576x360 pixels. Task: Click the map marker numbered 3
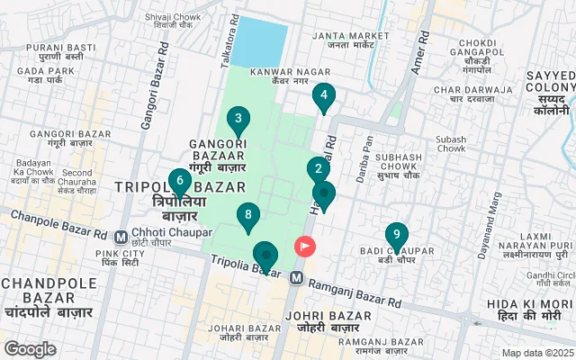tap(238, 119)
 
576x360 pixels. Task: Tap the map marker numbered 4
tap(324, 95)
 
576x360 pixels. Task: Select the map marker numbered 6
tap(180, 181)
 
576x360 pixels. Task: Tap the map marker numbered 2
tap(317, 169)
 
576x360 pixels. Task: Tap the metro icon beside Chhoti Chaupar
tap(121, 238)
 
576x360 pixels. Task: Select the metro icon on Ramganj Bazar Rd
tap(295, 280)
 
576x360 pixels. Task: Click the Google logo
tap(30, 348)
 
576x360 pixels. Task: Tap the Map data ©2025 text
tap(536, 353)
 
